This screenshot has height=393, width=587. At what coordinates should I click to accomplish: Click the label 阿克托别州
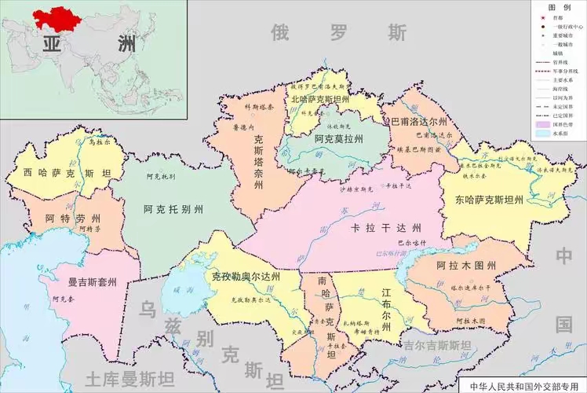pos(173,210)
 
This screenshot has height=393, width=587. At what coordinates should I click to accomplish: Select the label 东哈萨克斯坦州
pos(488,200)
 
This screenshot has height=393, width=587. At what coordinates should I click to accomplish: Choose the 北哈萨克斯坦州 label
pos(323,100)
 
